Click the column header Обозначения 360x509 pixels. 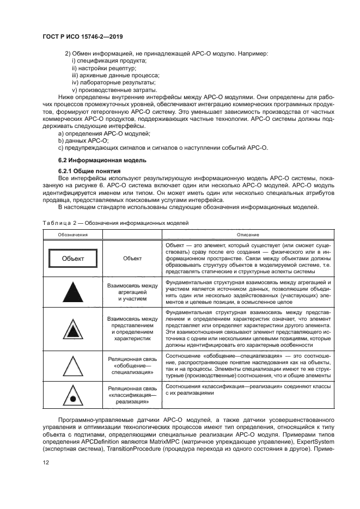tap(73, 234)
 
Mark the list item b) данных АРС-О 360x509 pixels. tap(80, 140)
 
